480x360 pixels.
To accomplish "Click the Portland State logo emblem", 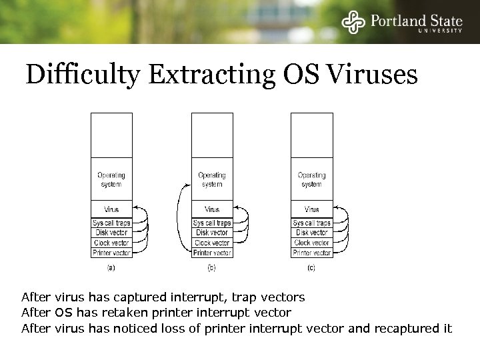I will tap(353, 22).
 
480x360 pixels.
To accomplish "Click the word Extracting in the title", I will tap(212, 74).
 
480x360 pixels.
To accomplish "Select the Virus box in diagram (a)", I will tap(111, 209).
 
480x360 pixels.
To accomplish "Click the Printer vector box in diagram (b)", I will tap(212, 253).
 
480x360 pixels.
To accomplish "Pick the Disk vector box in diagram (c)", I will tap(311, 233).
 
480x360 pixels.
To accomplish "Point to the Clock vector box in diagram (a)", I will tap(111, 243).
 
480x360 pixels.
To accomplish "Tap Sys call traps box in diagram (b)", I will tap(212, 223).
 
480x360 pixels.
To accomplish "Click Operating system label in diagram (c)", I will tap(311, 179).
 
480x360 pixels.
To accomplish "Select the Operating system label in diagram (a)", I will tap(111, 179).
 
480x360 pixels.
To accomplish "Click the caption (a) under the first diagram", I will tap(111, 268).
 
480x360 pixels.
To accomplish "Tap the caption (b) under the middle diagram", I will tap(211, 268).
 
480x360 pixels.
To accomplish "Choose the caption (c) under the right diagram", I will tap(311, 268).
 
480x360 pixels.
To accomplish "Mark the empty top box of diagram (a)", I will tap(111, 135).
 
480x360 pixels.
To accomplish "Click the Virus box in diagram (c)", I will tap(311, 209).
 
